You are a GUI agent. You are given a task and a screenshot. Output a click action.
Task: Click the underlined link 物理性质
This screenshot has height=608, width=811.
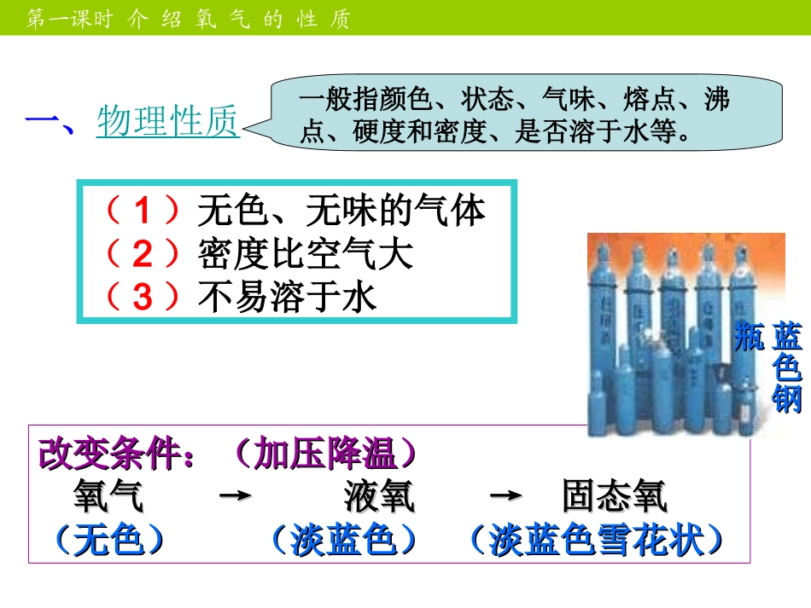coord(168,122)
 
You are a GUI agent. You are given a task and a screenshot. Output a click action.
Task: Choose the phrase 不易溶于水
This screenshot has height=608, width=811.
coord(287,296)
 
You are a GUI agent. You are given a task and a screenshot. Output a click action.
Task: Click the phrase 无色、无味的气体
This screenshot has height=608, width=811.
coord(341,210)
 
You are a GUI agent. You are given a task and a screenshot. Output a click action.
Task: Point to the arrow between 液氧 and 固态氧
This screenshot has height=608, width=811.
coord(509,496)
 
